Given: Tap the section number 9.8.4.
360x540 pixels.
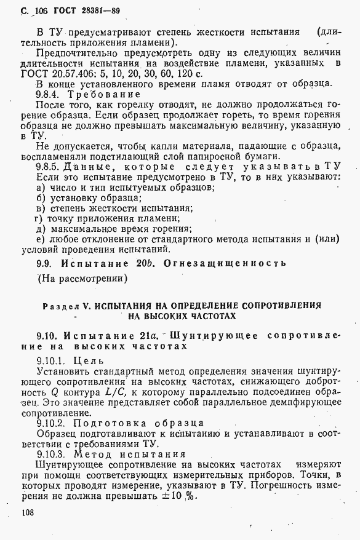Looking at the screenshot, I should (x=50, y=95).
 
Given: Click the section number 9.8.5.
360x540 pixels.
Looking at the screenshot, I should (x=50, y=167).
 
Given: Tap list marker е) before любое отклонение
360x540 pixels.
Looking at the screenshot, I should (x=41, y=239).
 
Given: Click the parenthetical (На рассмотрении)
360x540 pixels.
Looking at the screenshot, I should (x=82, y=279).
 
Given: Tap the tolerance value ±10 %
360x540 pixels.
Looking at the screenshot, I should (x=180, y=497).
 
